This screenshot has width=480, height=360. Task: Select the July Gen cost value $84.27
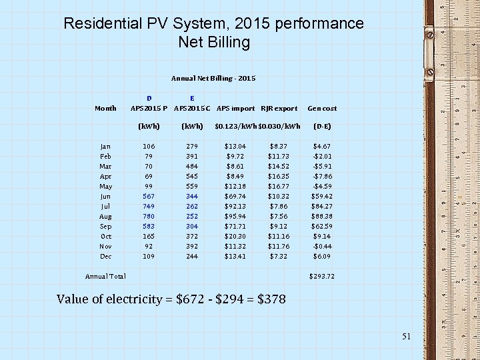pyautogui.click(x=322, y=206)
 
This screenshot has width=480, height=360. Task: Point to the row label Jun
pyautogui.click(x=105, y=196)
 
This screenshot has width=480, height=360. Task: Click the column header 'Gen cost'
pyautogui.click(x=322, y=108)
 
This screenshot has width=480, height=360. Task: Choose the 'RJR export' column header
pyautogui.click(x=279, y=108)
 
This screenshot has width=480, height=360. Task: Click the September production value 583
pyautogui.click(x=148, y=226)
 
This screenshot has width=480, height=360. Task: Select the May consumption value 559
pyautogui.click(x=192, y=186)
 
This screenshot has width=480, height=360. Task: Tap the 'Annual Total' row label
pyautogui.click(x=105, y=276)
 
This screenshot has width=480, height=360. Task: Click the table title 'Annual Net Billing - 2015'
pyautogui.click(x=213, y=78)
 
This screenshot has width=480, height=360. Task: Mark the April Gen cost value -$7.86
pyautogui.click(x=322, y=176)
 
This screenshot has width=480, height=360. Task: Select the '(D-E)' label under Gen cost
pyautogui.click(x=322, y=126)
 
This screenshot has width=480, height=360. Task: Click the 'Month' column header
pyautogui.click(x=105, y=108)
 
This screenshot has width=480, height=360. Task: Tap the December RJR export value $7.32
pyautogui.click(x=278, y=256)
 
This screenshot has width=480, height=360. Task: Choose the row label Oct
pyautogui.click(x=105, y=236)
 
